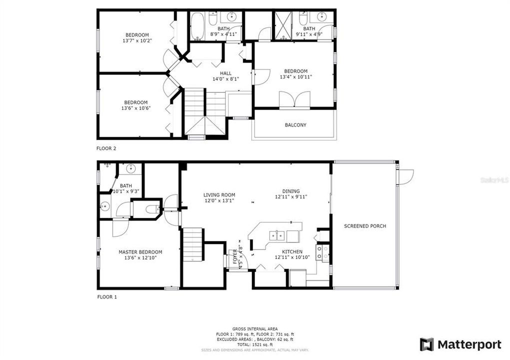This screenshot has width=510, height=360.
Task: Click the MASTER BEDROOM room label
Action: click(x=140, y=252)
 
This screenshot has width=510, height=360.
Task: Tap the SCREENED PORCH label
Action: click(x=365, y=226)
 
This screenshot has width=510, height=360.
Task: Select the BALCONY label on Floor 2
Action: click(x=295, y=125)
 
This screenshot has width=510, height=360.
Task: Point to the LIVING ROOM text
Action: click(x=219, y=195)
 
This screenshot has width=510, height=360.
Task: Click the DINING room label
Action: click(x=291, y=191)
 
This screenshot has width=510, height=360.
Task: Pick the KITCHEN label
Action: click(x=292, y=251)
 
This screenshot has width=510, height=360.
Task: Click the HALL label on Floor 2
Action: click(x=225, y=73)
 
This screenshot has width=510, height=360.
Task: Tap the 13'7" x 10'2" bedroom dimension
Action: click(x=136, y=40)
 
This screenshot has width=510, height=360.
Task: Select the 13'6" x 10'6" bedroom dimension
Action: click(x=136, y=108)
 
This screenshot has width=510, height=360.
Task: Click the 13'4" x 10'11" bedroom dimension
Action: click(x=295, y=76)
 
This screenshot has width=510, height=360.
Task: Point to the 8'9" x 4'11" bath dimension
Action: click(x=223, y=34)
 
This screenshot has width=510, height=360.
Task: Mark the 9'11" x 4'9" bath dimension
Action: click(x=309, y=34)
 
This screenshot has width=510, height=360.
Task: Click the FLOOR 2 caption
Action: click(x=106, y=148)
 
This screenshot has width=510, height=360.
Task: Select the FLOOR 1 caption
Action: click(x=106, y=296)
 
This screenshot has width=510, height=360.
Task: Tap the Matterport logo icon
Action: click(x=426, y=344)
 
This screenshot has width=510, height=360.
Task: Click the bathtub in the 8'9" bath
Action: click(x=196, y=26)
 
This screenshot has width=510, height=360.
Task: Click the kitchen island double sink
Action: click(x=275, y=235)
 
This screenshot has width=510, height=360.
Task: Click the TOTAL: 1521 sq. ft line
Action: click(x=255, y=345)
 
